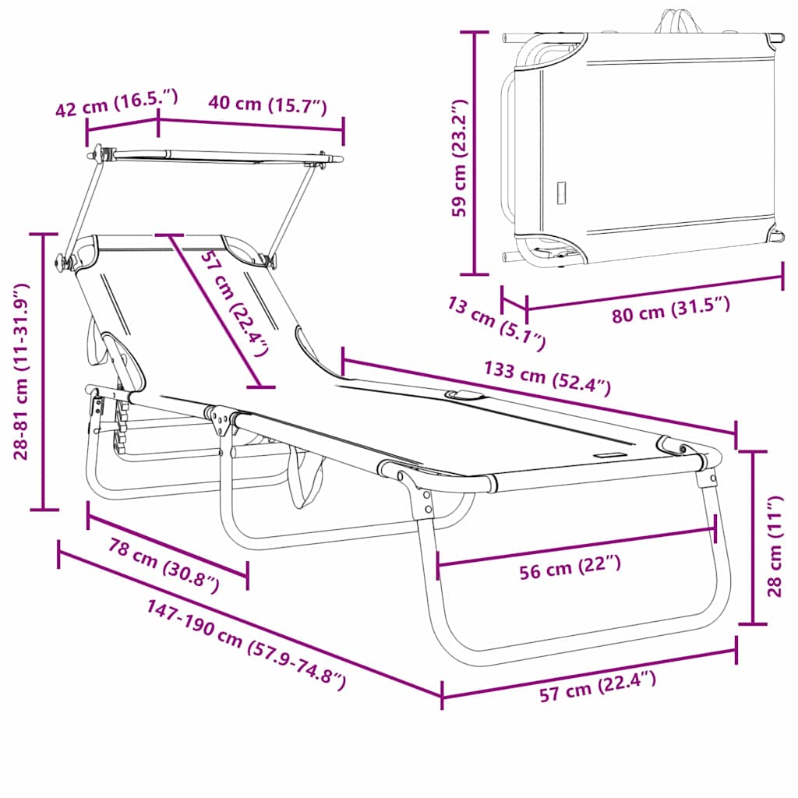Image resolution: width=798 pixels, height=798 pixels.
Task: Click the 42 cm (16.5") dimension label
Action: [117, 104]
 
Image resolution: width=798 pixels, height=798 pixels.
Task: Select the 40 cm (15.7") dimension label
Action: [267, 105]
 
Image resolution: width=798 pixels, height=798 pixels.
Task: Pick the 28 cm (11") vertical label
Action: [775, 546]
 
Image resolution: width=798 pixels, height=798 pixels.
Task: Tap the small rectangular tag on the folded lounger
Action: [561, 192]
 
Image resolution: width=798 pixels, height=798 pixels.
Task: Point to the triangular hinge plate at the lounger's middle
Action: [223, 422]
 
